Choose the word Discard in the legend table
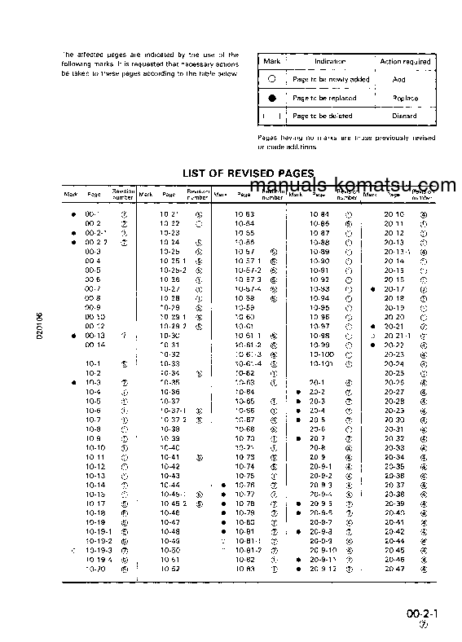click(404, 116)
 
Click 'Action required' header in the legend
click(405, 61)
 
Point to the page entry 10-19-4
click(98, 560)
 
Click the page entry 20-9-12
click(323, 569)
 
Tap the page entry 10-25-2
click(172, 270)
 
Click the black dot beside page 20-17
click(372, 288)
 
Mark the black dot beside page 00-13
click(74, 335)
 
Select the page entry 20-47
click(394, 569)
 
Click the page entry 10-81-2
click(248, 551)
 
